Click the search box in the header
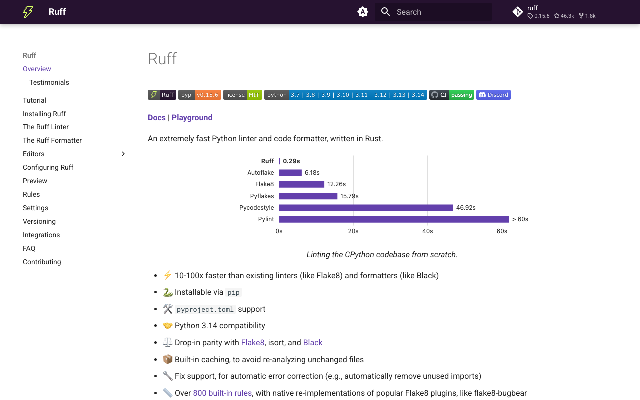433,12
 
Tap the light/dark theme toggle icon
363,12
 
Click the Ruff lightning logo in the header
28,12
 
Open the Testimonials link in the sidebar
49,82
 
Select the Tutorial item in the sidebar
34,100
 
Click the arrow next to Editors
123,154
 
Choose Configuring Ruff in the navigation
48,167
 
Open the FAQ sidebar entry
29,248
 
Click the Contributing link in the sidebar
42,262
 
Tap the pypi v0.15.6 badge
200,95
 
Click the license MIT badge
242,95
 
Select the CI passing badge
452,95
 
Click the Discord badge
493,95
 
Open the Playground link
192,118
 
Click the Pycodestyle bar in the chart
366,208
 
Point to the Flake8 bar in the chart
301,184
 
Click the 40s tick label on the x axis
427,231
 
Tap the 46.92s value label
466,208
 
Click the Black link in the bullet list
313,343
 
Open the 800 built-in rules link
222,393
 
